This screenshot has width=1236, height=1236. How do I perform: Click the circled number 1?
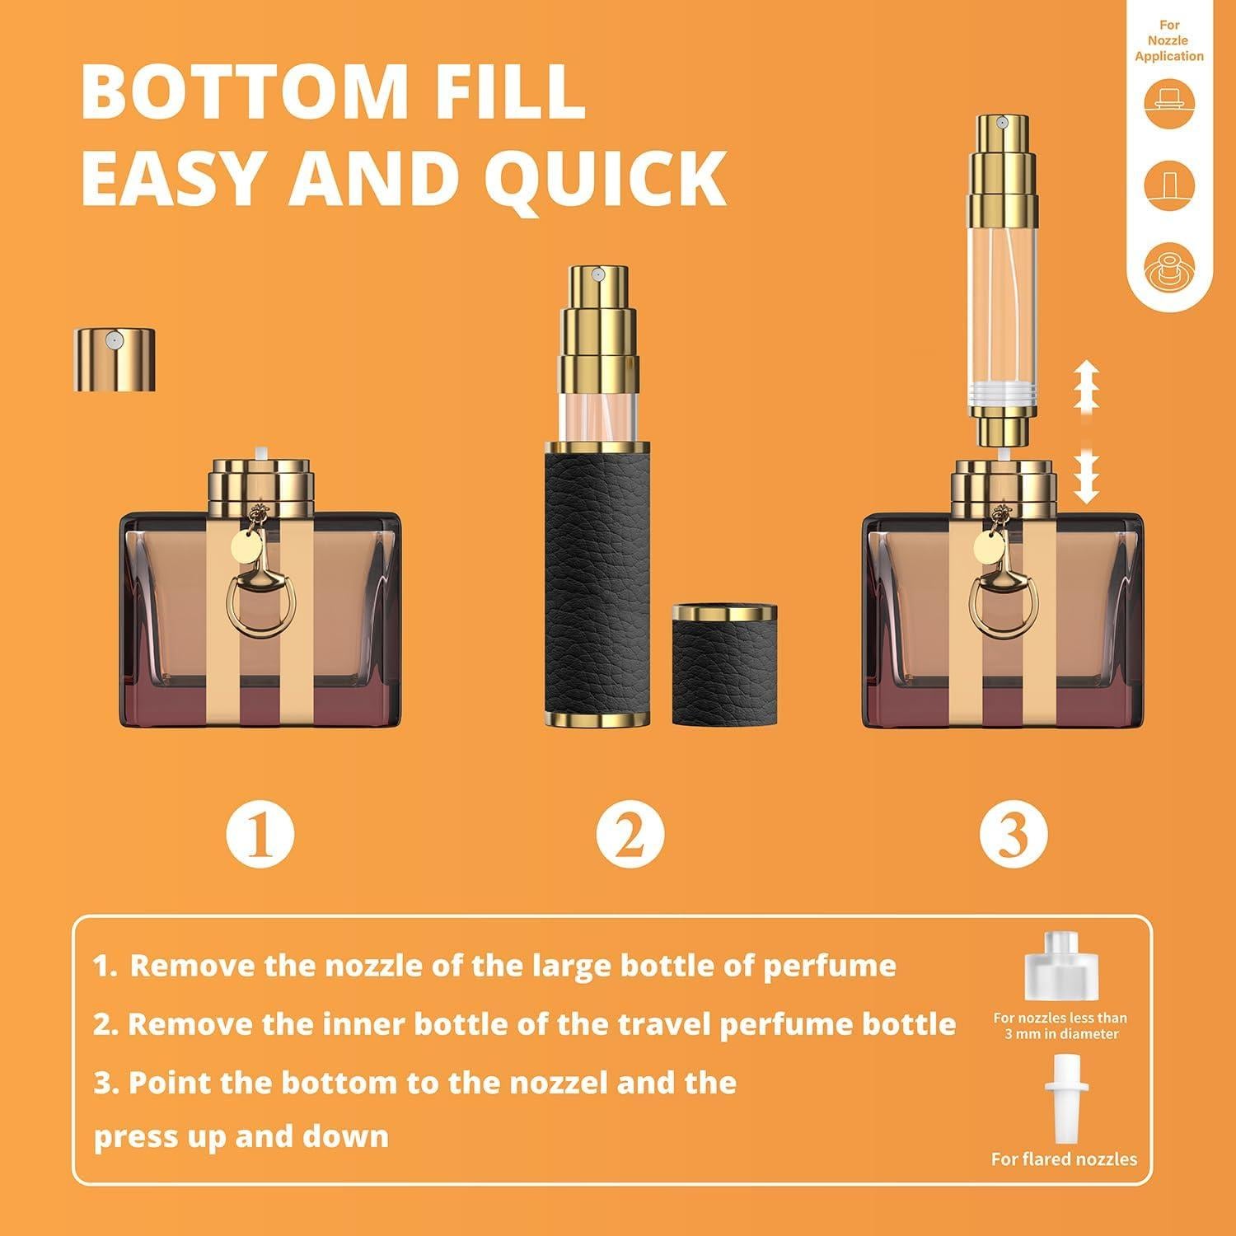pyautogui.click(x=260, y=834)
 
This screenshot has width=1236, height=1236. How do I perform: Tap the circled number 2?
pyautogui.click(x=630, y=834)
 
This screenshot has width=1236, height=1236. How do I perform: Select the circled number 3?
pyautogui.click(x=1013, y=834)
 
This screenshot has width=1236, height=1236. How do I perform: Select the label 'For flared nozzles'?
pyautogui.click(x=1064, y=1159)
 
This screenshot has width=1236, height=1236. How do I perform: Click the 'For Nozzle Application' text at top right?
pyautogui.click(x=1168, y=41)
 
